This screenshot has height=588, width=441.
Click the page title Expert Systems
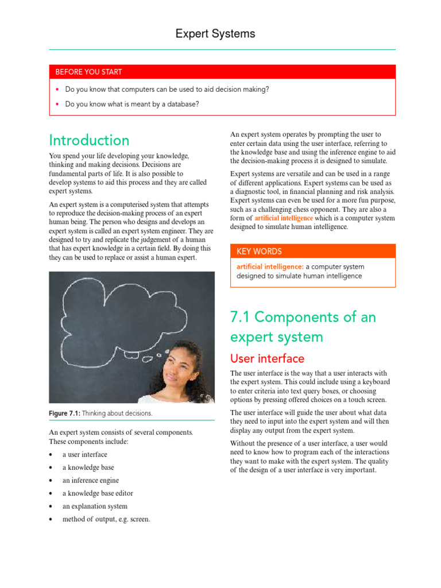click(215, 34)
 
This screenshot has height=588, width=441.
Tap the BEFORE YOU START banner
click(88, 72)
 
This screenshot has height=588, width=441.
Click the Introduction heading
click(89, 140)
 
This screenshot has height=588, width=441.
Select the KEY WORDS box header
click(259, 252)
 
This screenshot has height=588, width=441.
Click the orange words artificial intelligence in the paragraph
click(284, 218)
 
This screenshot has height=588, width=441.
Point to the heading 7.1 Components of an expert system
click(303, 327)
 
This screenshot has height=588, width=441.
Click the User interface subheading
click(267, 359)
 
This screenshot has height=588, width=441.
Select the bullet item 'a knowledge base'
click(88, 467)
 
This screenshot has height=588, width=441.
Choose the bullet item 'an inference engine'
click(91, 481)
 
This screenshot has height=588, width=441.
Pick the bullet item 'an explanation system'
click(95, 506)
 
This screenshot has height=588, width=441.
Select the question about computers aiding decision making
click(167, 90)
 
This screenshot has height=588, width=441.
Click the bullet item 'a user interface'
click(84, 454)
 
